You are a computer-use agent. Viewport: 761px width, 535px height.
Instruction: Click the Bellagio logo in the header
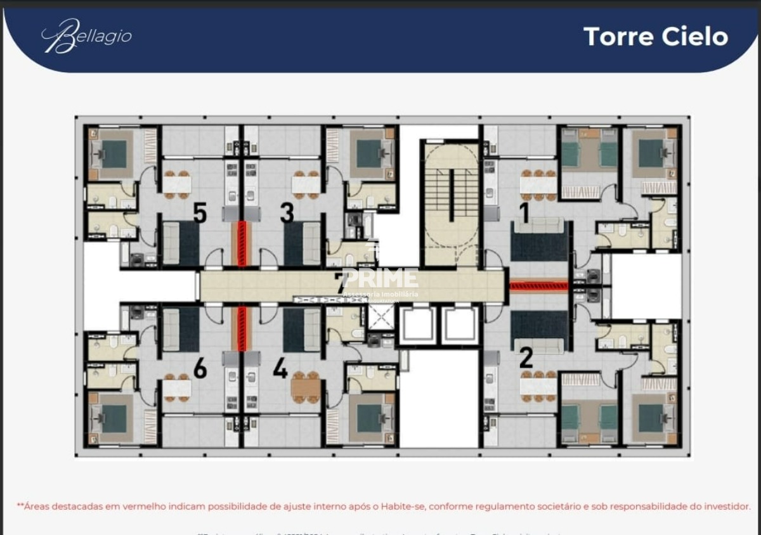(86, 35)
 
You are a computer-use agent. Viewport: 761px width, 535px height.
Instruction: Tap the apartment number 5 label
(200, 213)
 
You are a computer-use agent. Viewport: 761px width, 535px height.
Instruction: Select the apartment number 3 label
(287, 213)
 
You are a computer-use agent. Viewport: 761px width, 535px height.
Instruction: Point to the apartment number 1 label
(524, 213)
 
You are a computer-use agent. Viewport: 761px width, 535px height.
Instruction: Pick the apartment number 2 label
(526, 358)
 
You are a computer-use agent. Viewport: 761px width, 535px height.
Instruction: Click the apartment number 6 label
(200, 368)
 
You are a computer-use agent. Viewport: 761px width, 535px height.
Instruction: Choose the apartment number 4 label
(280, 368)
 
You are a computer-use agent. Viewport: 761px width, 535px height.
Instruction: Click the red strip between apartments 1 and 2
(538, 287)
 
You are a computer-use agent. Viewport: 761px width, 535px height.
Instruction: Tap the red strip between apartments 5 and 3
(242, 243)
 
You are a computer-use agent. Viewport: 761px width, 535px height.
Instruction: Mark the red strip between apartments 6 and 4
(242, 328)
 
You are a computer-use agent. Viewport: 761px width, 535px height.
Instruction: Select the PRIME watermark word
(380, 278)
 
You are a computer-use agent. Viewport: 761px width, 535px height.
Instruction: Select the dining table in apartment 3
(305, 184)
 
